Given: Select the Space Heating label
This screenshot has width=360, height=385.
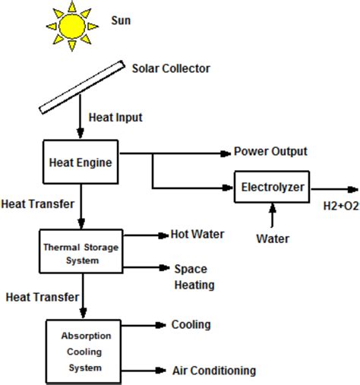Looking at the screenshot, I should (x=194, y=277).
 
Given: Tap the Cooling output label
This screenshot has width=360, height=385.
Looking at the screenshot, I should (x=191, y=325).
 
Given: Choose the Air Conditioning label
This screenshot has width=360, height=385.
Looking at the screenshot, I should (x=213, y=371).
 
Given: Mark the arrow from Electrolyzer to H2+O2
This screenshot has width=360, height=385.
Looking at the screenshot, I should (x=334, y=188).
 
